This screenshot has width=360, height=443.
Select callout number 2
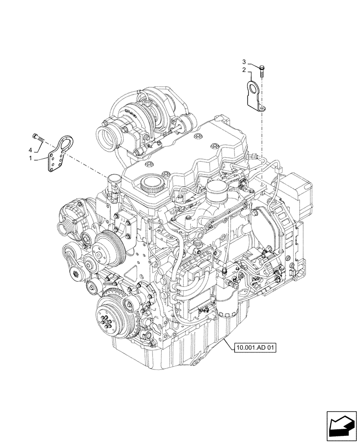tap(243, 70)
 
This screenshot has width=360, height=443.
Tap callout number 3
tap(243, 61)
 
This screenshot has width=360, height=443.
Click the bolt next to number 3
tap(262, 70)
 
